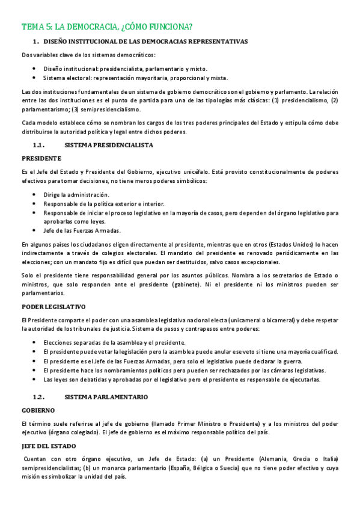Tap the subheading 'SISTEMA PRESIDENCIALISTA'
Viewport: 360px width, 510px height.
tap(109, 145)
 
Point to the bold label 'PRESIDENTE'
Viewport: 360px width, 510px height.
tap(41, 158)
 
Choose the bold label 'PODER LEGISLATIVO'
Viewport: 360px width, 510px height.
tap(53, 306)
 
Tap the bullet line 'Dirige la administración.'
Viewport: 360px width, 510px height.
tap(76, 194)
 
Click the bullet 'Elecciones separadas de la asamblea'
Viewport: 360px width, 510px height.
tap(114, 342)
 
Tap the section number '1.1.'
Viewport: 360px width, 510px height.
tap(39, 145)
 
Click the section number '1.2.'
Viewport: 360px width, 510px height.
tap(39, 397)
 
